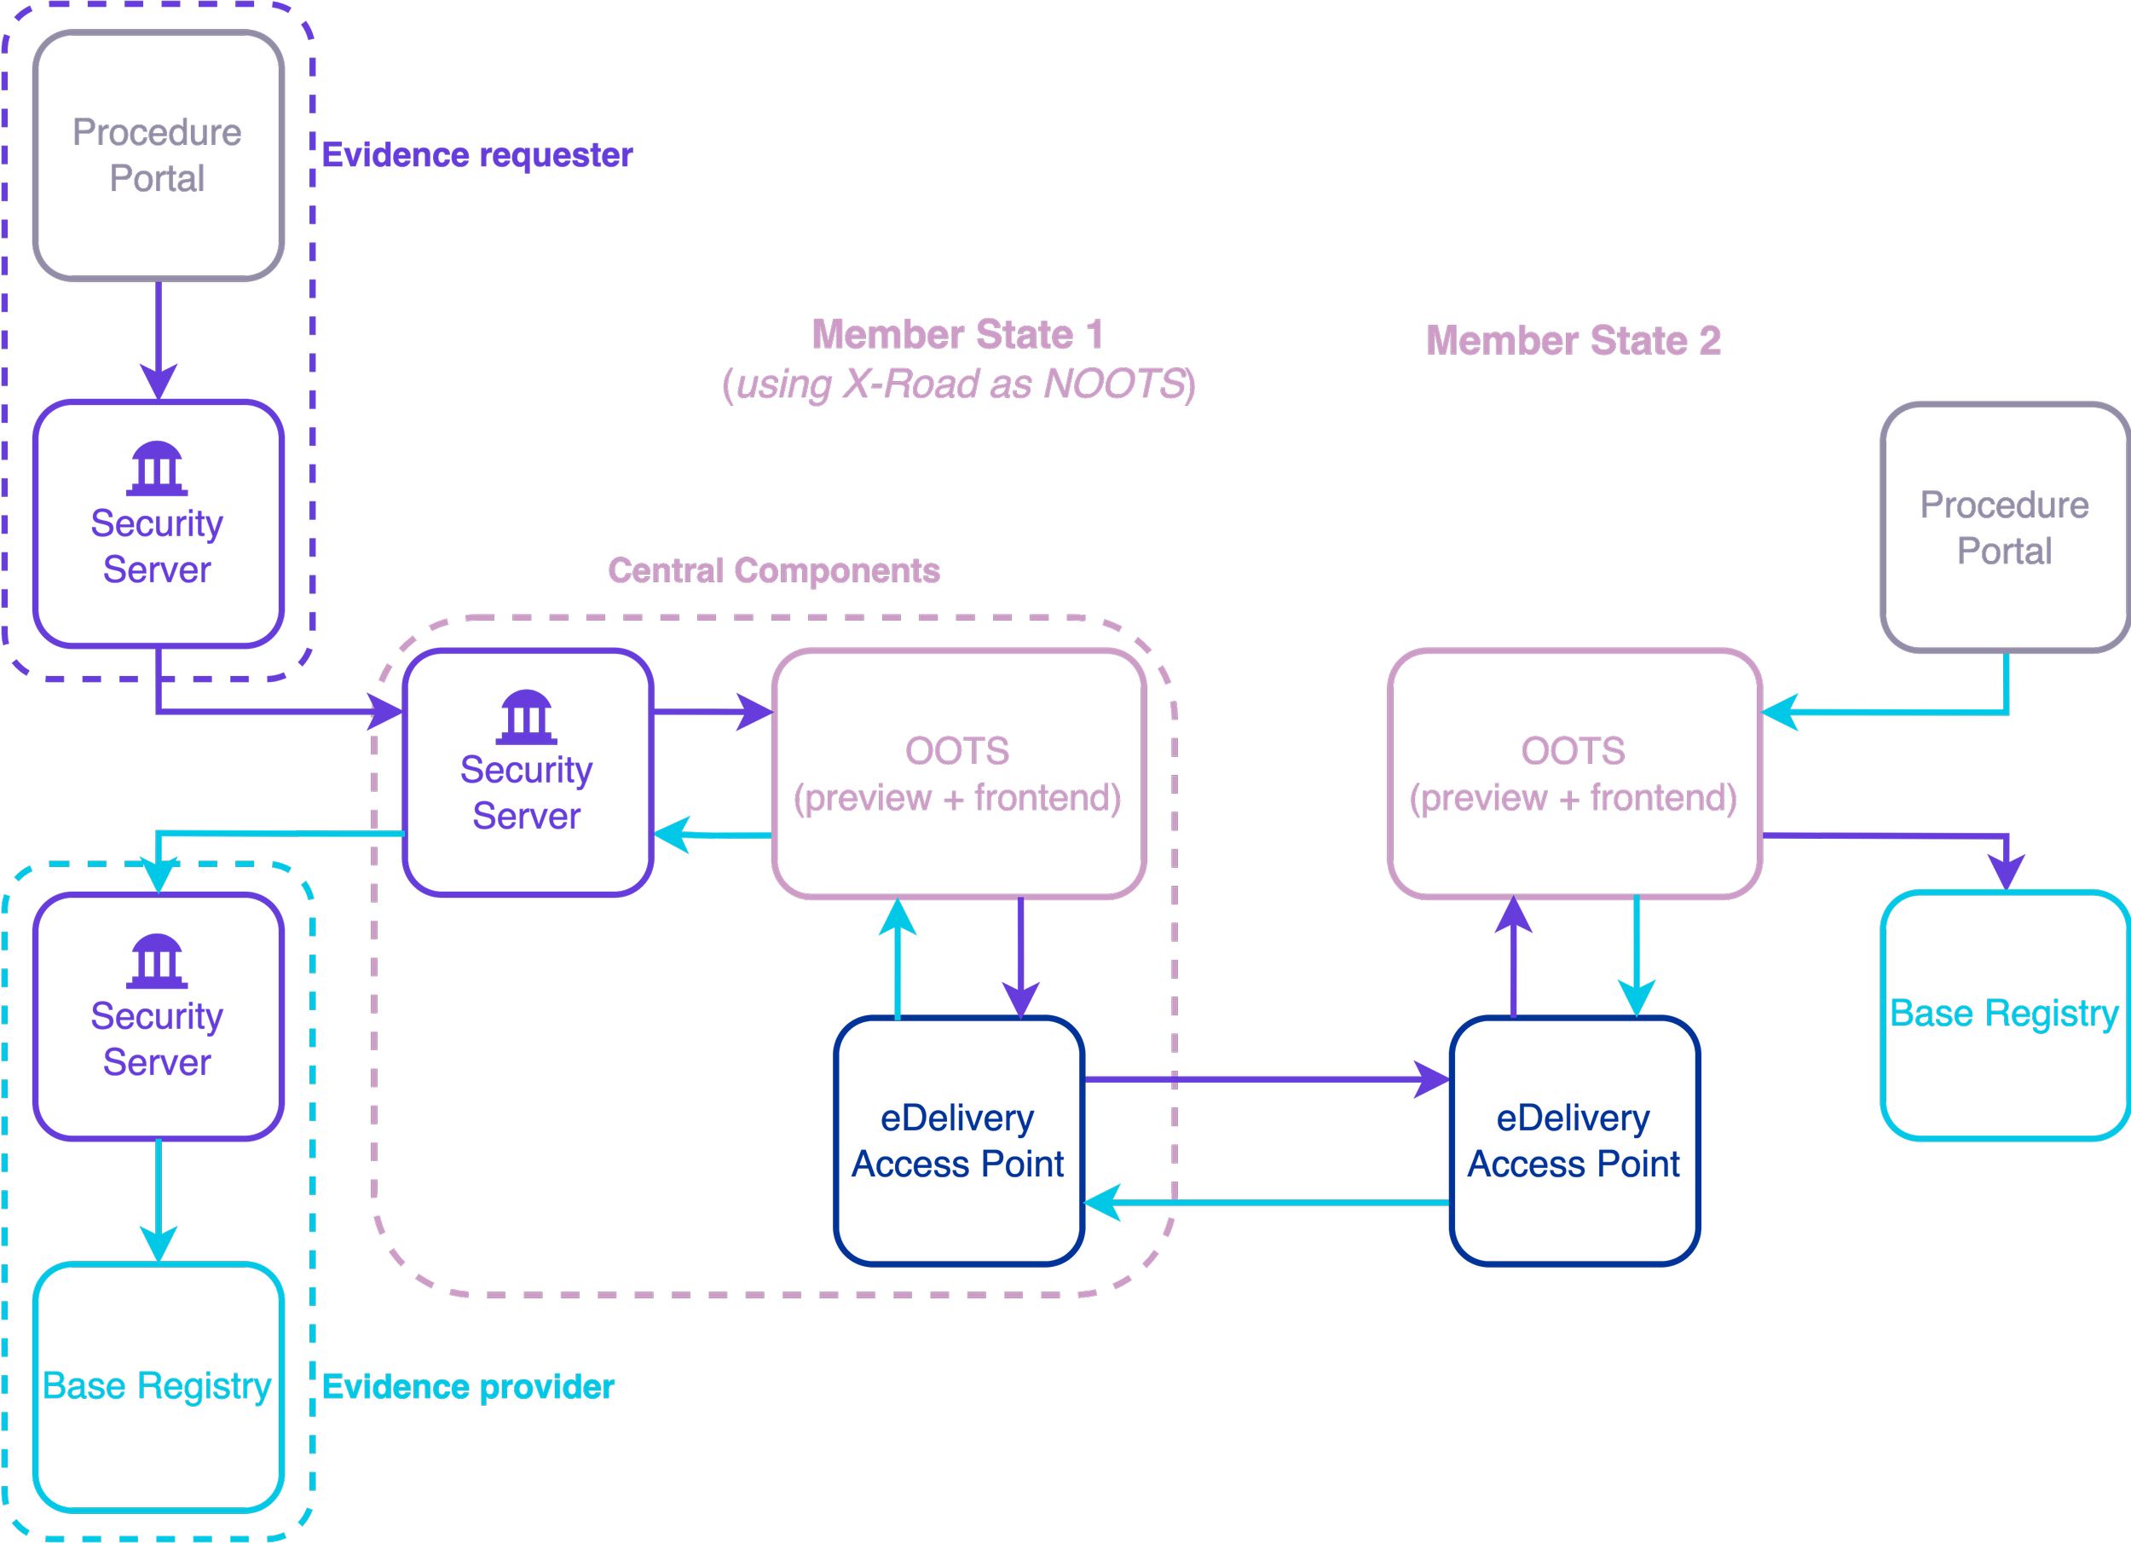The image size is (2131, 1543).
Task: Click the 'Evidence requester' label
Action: (477, 155)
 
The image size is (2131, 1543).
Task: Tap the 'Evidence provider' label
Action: (468, 1387)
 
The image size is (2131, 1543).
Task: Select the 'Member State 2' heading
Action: (1574, 340)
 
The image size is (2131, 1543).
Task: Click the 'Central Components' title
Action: (774, 570)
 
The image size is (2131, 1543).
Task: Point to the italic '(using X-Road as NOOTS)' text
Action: (958, 384)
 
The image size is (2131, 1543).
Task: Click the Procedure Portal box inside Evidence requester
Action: (159, 156)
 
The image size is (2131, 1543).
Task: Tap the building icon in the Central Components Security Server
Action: (526, 718)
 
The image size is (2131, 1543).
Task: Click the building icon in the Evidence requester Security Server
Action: (157, 469)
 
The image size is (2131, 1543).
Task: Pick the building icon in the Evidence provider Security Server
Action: (157, 962)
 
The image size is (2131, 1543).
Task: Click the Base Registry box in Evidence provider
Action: (159, 1387)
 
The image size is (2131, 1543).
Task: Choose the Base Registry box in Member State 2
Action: (2006, 1014)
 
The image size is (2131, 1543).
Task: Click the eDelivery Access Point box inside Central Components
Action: (959, 1141)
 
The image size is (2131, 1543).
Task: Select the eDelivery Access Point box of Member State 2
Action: (1574, 1141)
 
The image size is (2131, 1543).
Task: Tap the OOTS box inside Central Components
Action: (959, 773)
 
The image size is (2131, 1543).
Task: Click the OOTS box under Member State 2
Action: (1574, 773)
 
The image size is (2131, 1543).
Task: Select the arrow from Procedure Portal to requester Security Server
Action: (159, 340)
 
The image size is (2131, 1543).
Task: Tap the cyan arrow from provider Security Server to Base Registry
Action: (159, 1201)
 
